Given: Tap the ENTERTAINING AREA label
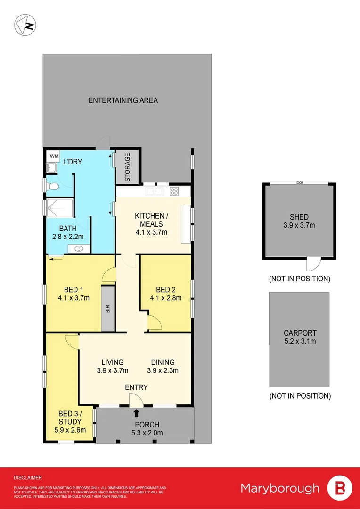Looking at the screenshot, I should [123, 100].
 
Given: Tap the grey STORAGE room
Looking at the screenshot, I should [128, 167].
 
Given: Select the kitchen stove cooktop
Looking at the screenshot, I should [174, 191].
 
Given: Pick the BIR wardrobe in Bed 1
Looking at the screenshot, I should [108, 309].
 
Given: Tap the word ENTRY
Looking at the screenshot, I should [136, 387].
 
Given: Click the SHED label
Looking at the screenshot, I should [299, 217].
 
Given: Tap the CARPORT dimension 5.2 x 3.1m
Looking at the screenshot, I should [300, 341].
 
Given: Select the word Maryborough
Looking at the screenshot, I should [279, 488].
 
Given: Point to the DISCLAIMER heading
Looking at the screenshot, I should [28, 477].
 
